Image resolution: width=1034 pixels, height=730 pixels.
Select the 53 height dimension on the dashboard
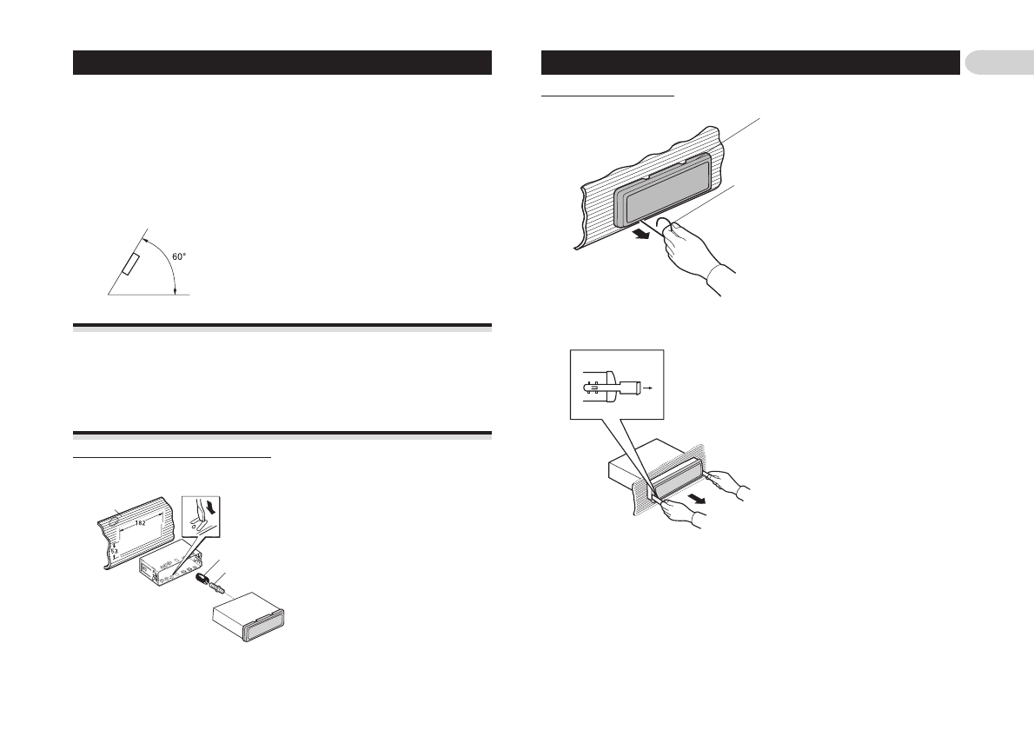tap(113, 551)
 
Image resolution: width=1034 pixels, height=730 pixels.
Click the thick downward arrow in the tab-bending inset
tap(203, 506)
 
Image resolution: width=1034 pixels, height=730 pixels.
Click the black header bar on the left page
tap(282, 63)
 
